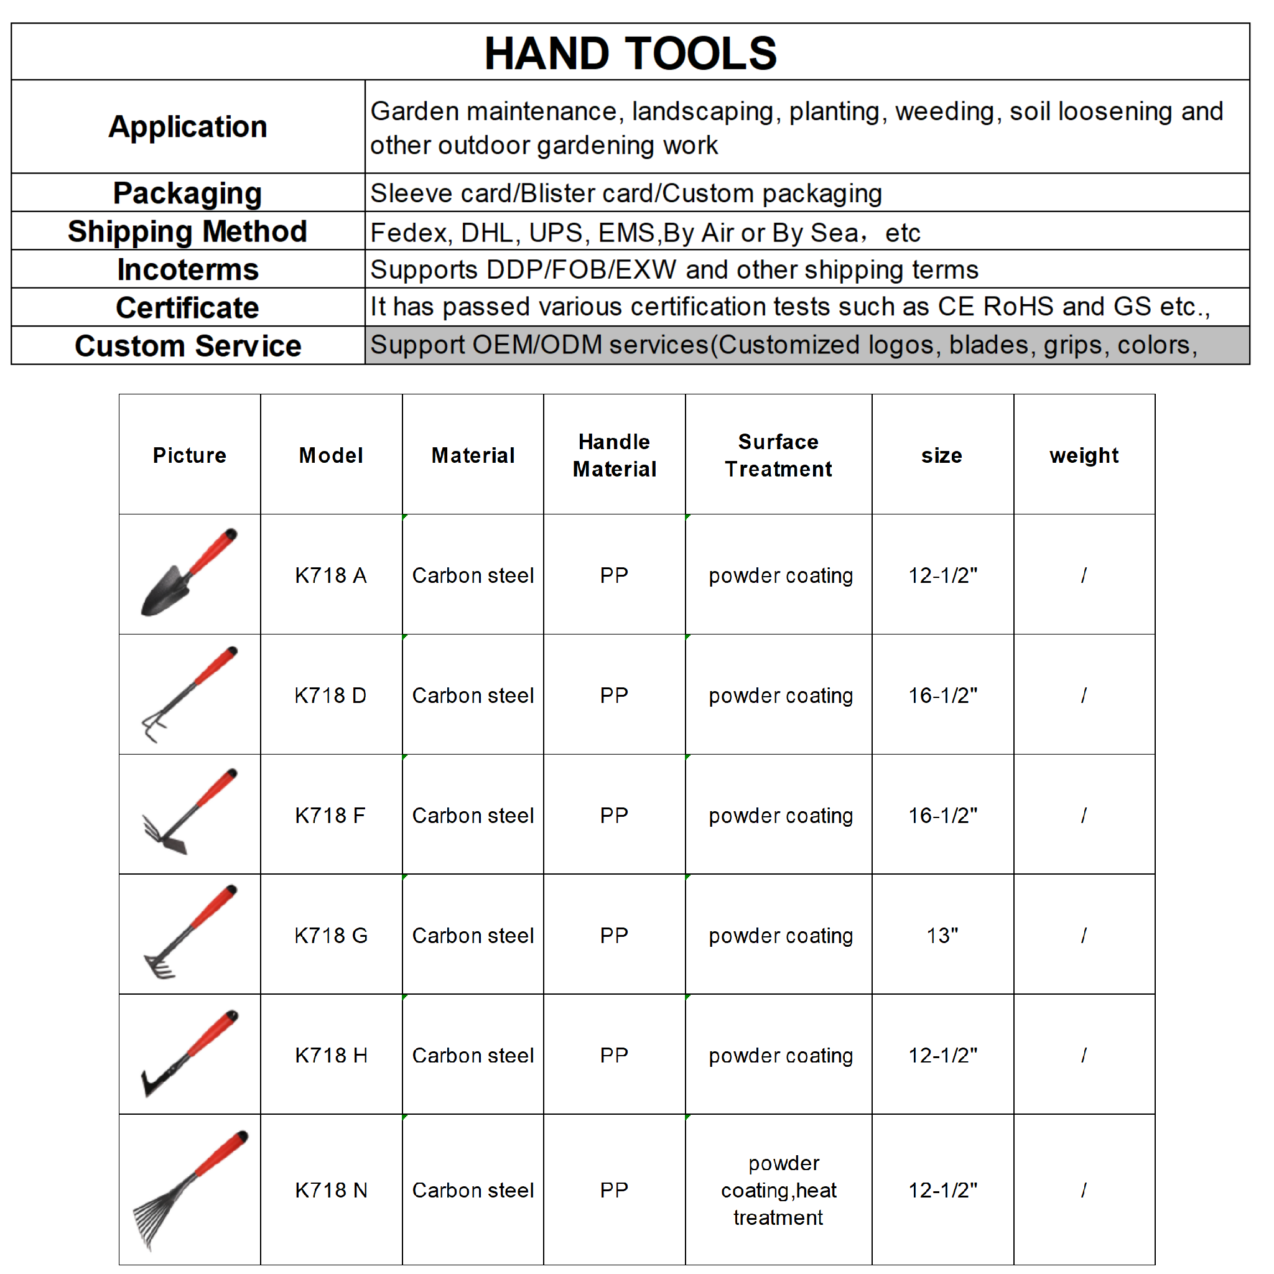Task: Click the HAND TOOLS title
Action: [x=630, y=53]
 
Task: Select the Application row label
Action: [x=188, y=127]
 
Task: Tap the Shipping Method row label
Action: [x=188, y=231]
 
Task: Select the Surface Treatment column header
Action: [x=778, y=455]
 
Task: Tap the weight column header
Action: [x=1084, y=455]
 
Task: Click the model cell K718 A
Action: [x=331, y=575]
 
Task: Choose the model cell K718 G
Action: [x=331, y=935]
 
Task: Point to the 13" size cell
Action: [x=942, y=935]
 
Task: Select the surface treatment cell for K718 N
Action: [x=778, y=1189]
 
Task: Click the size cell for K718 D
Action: [x=942, y=695]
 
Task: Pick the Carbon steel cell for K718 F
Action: [x=473, y=815]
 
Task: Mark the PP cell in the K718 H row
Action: [x=614, y=1055]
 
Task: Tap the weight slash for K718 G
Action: [x=1084, y=935]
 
